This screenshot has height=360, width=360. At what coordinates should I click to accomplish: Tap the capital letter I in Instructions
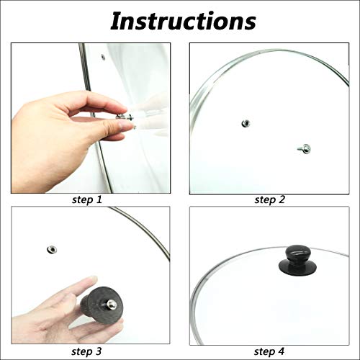click(118, 21)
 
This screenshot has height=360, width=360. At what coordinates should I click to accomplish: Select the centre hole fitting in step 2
click(247, 123)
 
